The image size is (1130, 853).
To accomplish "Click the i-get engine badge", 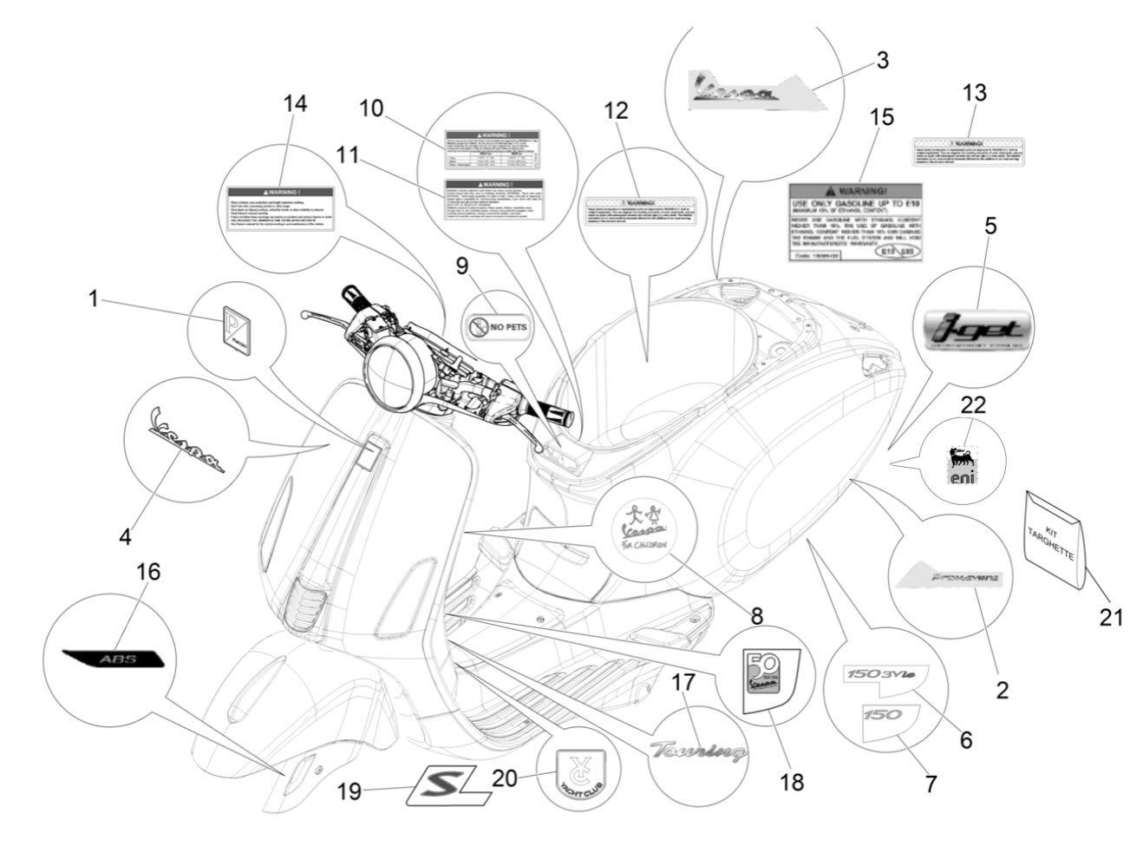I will pyautogui.click(x=977, y=327).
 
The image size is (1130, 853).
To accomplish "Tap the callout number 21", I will pyautogui.click(x=1109, y=617).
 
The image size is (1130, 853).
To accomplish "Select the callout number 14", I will pyautogui.click(x=295, y=103).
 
